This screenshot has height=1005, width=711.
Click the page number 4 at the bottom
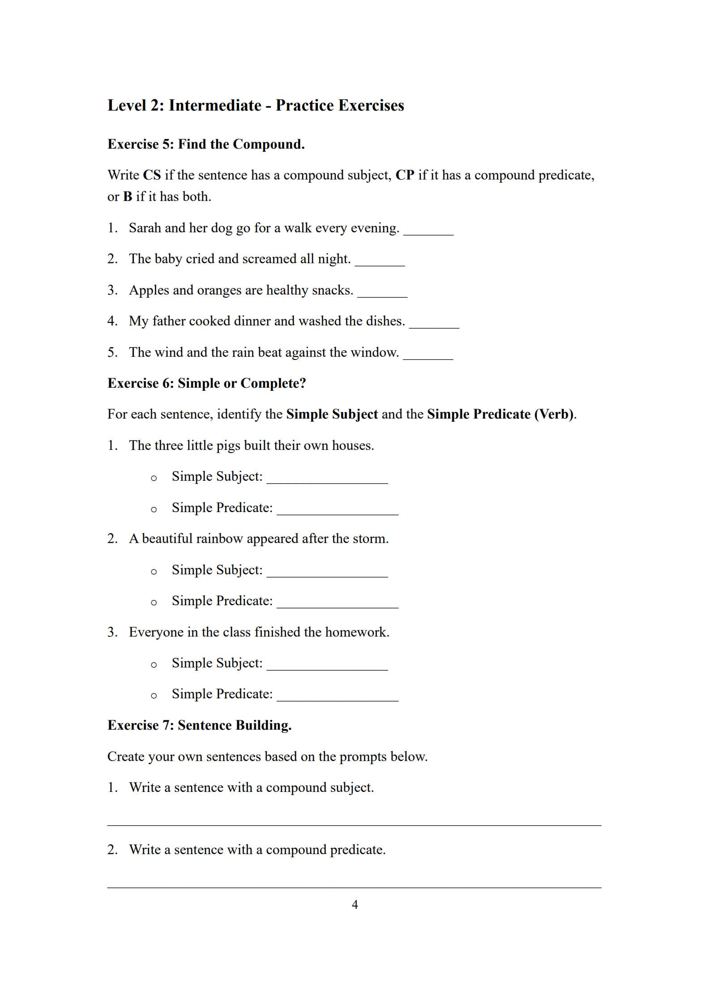(x=355, y=905)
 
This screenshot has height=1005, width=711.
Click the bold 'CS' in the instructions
(x=152, y=175)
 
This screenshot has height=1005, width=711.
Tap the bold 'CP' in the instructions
(x=405, y=175)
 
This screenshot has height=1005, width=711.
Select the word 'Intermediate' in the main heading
(x=215, y=105)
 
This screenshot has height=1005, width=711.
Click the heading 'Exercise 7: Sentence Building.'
(x=199, y=725)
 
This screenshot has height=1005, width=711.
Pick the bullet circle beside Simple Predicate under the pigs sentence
(x=154, y=509)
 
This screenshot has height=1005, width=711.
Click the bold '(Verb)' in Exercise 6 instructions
(x=554, y=414)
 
